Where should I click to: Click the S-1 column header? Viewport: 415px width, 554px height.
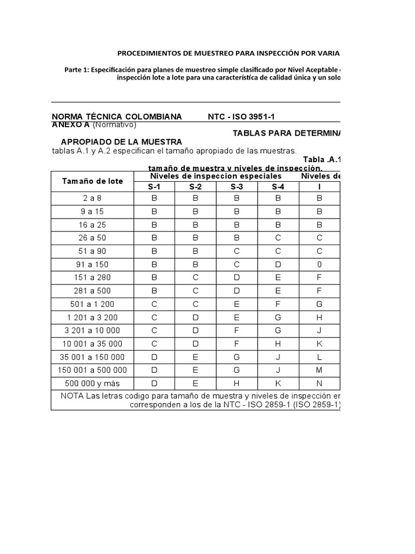(154, 187)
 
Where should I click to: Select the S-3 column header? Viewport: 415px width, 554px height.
(237, 187)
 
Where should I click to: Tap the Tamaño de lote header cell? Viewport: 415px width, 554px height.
(92, 181)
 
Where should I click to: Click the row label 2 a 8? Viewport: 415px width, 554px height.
(92, 198)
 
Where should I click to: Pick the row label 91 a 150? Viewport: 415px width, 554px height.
(92, 264)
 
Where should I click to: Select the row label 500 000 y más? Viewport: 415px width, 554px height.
(92, 384)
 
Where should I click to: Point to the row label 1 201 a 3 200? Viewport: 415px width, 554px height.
(92, 317)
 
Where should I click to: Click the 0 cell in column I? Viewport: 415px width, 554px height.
(319, 264)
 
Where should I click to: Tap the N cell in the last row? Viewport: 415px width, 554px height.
(319, 384)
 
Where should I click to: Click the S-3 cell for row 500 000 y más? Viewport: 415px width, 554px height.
(237, 384)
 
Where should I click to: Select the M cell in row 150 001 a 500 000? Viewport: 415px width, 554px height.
(319, 370)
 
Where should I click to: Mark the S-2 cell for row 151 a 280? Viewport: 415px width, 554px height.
(195, 278)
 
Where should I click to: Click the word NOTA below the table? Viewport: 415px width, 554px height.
(72, 395)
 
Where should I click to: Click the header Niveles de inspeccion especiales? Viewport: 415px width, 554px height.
(216, 176)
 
